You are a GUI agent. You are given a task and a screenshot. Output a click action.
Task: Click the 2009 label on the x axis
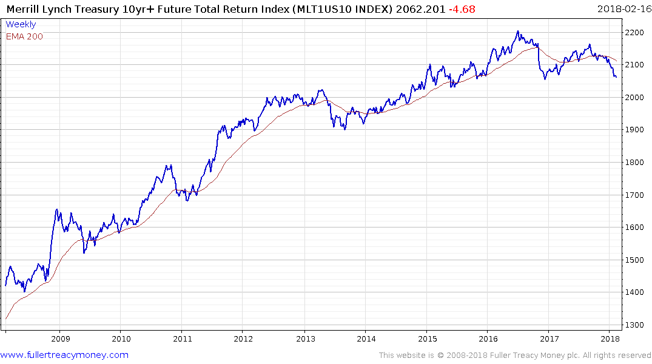point(60,339)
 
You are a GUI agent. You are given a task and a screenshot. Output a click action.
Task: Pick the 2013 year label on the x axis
point(305,339)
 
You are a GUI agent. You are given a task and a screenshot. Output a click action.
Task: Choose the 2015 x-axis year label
point(428,339)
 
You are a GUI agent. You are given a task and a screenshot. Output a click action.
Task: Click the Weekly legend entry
point(21,24)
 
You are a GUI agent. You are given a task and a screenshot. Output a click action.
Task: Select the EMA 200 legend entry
point(24,36)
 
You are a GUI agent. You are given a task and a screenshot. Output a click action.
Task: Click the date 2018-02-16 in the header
point(622,8)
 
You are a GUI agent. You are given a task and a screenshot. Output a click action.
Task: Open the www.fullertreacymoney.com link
point(65,355)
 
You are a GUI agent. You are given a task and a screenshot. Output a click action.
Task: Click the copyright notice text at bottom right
point(515,355)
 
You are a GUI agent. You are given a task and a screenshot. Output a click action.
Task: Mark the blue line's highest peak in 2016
point(517,31)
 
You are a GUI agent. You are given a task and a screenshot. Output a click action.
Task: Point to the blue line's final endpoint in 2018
point(616,77)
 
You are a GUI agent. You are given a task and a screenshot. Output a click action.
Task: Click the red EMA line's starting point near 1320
point(6,318)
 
